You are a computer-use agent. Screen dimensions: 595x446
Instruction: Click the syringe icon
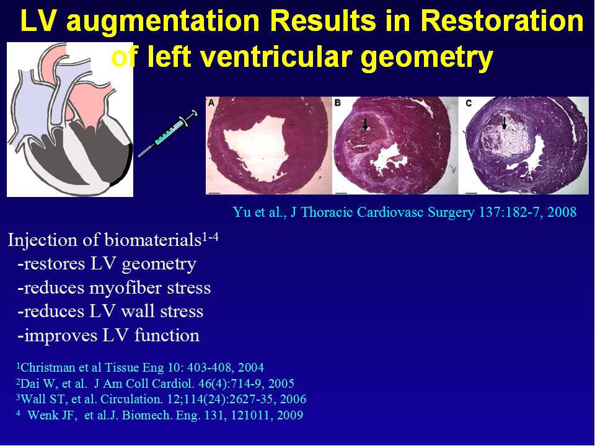pos(168,133)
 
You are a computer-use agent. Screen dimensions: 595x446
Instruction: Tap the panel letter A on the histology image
pos(211,102)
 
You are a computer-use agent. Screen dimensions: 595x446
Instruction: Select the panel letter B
pos(337,102)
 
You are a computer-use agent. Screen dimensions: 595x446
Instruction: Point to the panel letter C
pos(469,103)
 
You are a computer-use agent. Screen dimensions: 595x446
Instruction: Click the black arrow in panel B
pos(366,124)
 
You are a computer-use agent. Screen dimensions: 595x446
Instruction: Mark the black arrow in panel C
pos(505,123)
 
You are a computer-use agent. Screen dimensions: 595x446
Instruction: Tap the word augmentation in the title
pos(163,22)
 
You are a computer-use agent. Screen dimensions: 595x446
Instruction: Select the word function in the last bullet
pos(167,335)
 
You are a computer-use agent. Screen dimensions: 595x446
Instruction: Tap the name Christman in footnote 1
pos(43,367)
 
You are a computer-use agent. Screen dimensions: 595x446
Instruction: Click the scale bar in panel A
pos(214,193)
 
